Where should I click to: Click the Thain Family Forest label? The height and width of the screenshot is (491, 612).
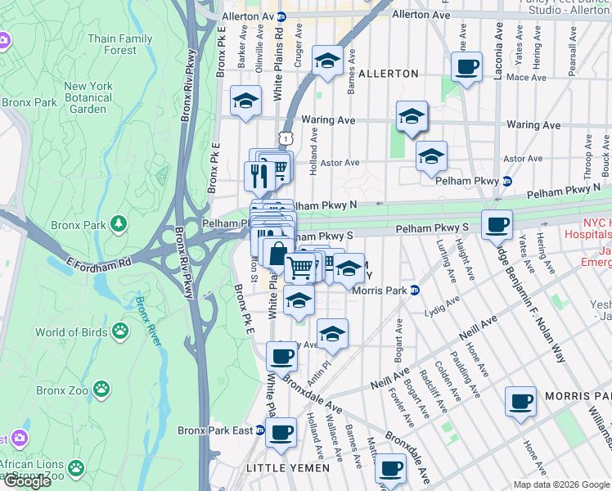click(119, 44)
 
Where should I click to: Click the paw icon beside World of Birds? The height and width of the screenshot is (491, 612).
click(120, 331)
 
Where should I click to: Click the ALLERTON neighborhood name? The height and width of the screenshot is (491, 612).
click(388, 74)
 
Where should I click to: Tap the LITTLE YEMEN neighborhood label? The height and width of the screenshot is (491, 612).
click(288, 468)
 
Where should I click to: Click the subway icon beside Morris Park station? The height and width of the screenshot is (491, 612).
click(415, 290)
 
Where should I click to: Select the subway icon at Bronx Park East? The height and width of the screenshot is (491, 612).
click(260, 430)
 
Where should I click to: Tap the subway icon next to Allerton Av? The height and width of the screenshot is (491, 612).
click(281, 16)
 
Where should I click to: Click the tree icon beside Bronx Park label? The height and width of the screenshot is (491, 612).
click(119, 223)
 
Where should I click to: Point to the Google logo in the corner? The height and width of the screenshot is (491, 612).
click(26, 481)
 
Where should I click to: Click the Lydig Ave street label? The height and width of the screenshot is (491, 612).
click(441, 312)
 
